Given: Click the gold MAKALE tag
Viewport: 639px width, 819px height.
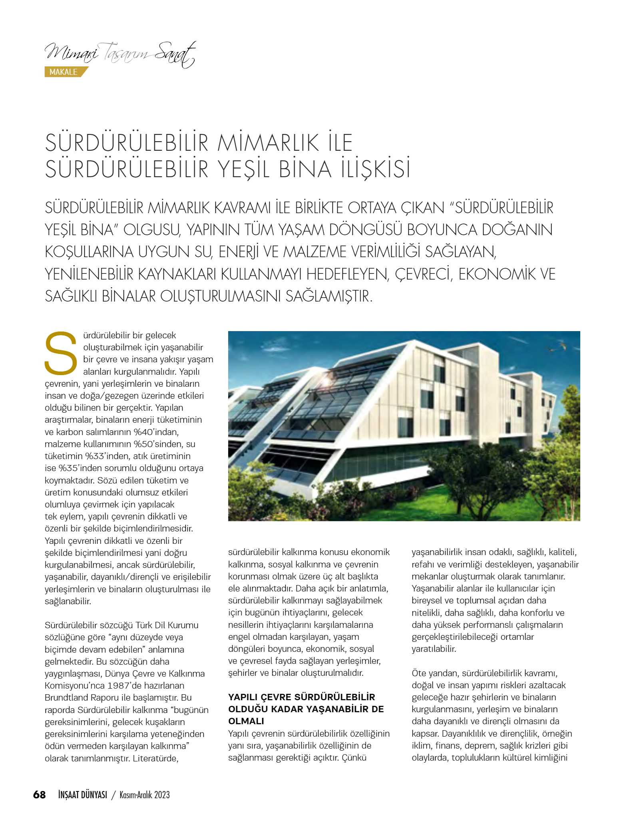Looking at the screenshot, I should pos(64,72).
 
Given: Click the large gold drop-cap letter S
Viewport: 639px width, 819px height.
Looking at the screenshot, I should pos(61,353).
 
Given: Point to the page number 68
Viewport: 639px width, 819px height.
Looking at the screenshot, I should pos(39,795).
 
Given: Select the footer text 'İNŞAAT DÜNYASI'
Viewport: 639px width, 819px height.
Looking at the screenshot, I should pos(83,795).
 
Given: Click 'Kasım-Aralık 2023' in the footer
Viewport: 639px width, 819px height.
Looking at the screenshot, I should pos(145,795).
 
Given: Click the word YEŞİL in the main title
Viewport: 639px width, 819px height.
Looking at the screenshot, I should pos(243,169).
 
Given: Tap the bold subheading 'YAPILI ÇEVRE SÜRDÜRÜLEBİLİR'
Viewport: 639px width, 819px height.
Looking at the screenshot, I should pos(301,697).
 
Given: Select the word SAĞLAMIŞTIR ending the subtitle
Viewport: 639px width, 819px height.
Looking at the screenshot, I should pos(328,296).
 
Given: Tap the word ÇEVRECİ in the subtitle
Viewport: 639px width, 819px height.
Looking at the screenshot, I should pos(424,274).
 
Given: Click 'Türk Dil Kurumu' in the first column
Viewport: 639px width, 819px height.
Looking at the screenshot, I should pos(167,625).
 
